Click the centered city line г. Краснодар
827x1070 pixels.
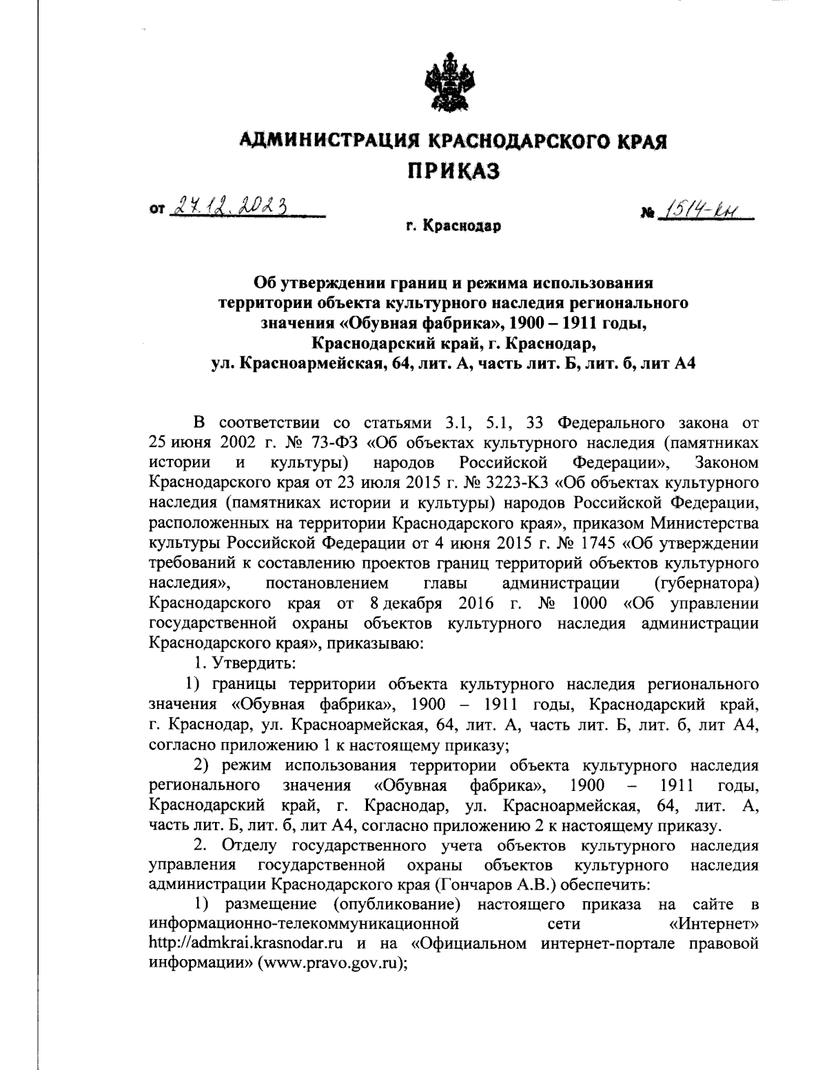point(453,225)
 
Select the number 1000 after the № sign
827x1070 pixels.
point(589,604)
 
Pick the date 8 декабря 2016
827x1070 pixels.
point(430,604)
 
